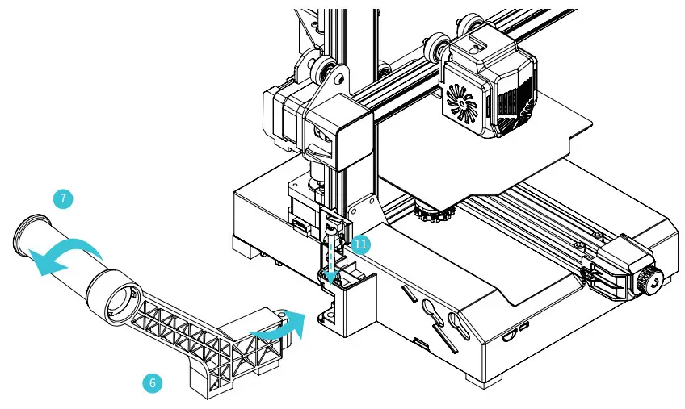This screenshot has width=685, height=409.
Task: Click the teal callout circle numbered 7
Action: pos(61,198)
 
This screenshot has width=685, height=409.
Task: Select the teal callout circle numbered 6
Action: pos(151,383)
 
